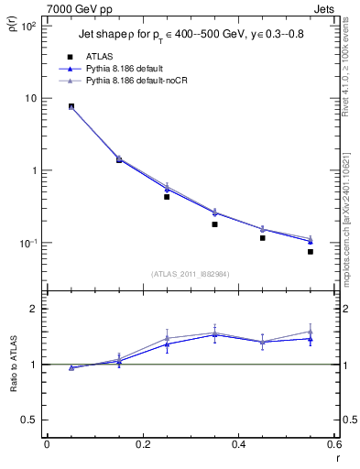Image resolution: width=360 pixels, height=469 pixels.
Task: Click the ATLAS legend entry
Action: pyautogui.click(x=98, y=56)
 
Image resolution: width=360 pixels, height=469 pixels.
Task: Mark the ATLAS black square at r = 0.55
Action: pyautogui.click(x=311, y=251)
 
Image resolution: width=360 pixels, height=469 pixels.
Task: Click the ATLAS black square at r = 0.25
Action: pyautogui.click(x=167, y=197)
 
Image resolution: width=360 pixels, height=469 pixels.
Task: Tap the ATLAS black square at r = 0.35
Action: pyautogui.click(x=214, y=224)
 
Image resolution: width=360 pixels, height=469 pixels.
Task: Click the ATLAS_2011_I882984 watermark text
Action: pyautogui.click(x=191, y=274)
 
